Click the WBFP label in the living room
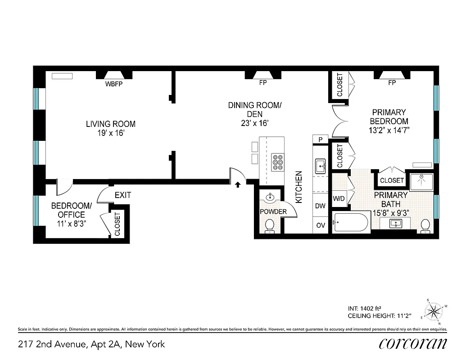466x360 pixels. [x=114, y=84]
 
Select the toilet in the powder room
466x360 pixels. [x=270, y=225]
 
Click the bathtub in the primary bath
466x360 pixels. [x=351, y=222]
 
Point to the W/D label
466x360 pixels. [x=339, y=198]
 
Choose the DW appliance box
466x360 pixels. [x=321, y=206]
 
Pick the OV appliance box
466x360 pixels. [x=321, y=225]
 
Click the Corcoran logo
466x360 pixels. [x=412, y=344]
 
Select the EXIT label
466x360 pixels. [x=123, y=195]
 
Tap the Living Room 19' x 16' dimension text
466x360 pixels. [x=111, y=129]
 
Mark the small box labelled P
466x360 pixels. [x=320, y=139]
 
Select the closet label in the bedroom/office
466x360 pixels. [x=118, y=224]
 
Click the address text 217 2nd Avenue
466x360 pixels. [x=91, y=345]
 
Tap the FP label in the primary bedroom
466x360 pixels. [x=392, y=83]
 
